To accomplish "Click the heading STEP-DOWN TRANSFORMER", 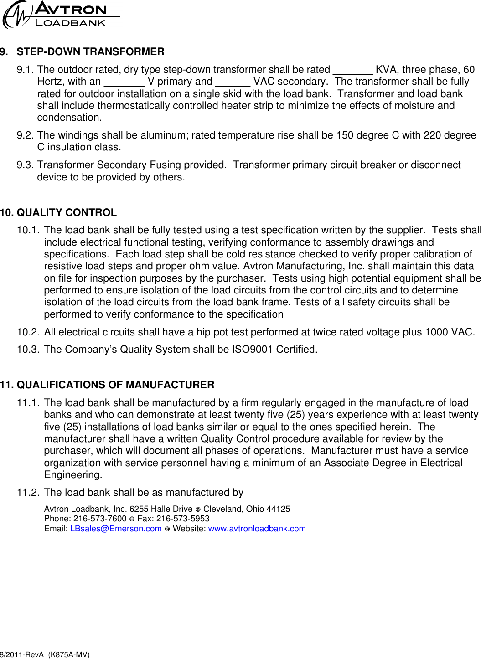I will tap(90, 52).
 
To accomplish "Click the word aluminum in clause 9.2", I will tap(166, 135).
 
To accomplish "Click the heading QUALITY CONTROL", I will tap(67, 213).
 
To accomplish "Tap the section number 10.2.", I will tap(28, 332).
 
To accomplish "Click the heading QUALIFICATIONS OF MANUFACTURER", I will tap(115, 385).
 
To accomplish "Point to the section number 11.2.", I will tap(28, 493).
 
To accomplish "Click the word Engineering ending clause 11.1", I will tap(72, 475).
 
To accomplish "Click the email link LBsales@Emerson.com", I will tap(116, 529).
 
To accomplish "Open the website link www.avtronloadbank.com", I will tap(257, 529).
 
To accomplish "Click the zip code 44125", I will tap(278, 509).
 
